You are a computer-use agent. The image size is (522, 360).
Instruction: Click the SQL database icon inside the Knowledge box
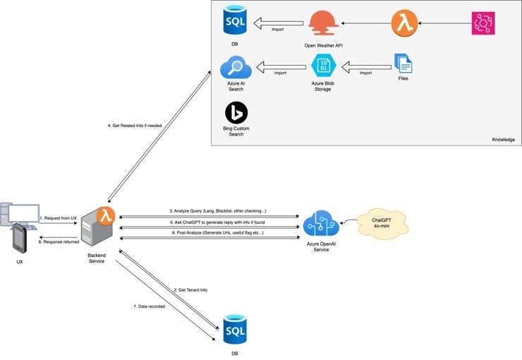pyautogui.click(x=235, y=21)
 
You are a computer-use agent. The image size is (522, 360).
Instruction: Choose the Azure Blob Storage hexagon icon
pyautogui.click(x=323, y=67)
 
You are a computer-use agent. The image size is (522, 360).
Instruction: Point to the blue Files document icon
pyautogui.click(x=404, y=65)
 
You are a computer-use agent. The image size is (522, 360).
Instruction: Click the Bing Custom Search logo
pyautogui.click(x=236, y=113)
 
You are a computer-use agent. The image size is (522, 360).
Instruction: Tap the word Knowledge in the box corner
pyautogui.click(x=503, y=140)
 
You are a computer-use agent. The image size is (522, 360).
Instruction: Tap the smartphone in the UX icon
pyautogui.click(x=20, y=238)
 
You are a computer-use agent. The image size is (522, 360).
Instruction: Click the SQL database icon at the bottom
pyautogui.click(x=235, y=330)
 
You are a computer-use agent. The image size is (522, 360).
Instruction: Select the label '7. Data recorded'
pyautogui.click(x=150, y=306)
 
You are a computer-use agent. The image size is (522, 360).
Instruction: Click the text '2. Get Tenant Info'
pyautogui.click(x=190, y=290)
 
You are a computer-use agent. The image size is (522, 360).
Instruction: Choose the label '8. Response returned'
pyautogui.click(x=59, y=241)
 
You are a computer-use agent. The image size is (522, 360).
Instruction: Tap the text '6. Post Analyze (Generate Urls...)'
pyautogui.click(x=217, y=233)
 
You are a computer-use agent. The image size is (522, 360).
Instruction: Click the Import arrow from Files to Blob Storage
pyautogui.click(x=365, y=68)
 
